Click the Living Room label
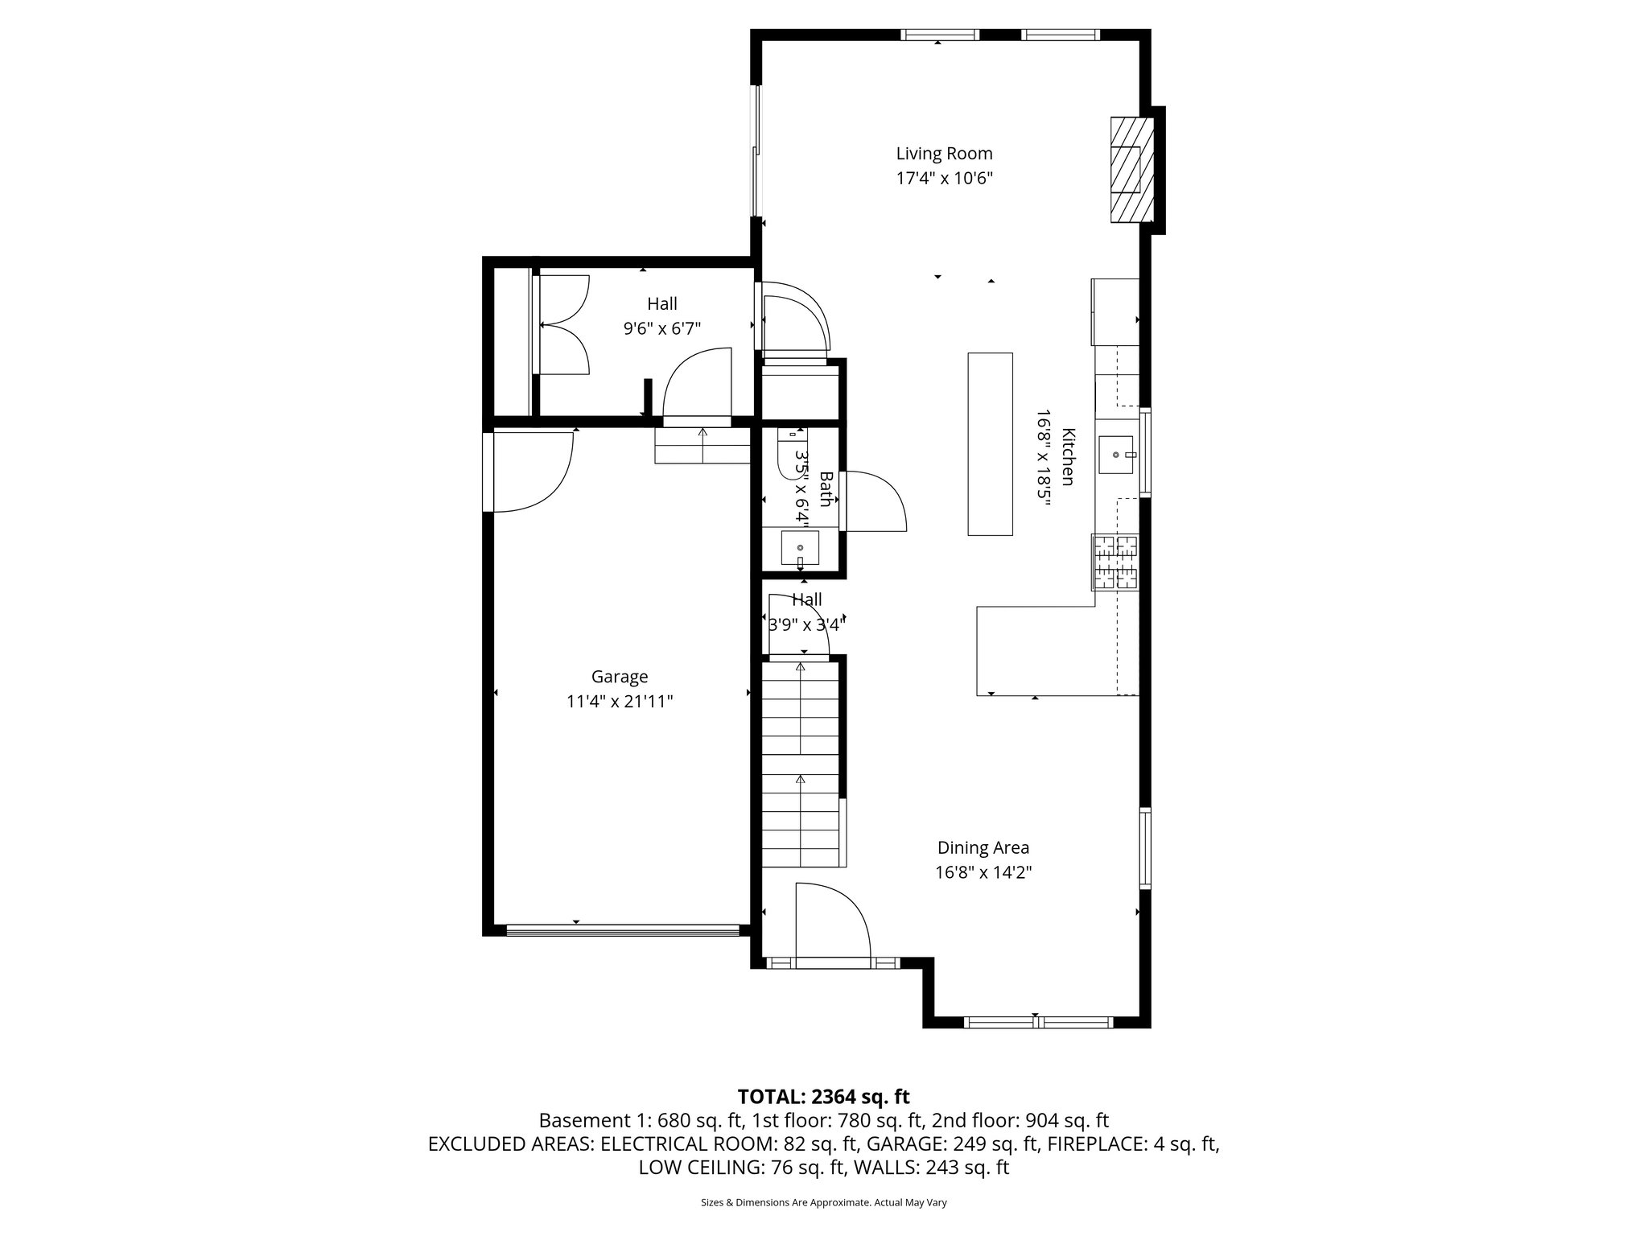pyautogui.click(x=944, y=154)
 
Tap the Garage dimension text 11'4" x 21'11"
pyautogui.click(x=620, y=702)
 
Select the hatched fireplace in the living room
pyautogui.click(x=1131, y=170)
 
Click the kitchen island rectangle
pyautogui.click(x=990, y=443)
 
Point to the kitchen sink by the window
pyautogui.click(x=1117, y=455)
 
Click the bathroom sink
pyautogui.click(x=800, y=549)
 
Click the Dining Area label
pyautogui.click(x=983, y=847)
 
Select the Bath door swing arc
pyautogui.click(x=874, y=501)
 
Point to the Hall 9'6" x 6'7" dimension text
pyautogui.click(x=662, y=328)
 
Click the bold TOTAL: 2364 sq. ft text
pyautogui.click(x=823, y=1096)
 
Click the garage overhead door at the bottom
pyautogui.click(x=622, y=931)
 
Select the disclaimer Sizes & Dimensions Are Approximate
pyautogui.click(x=823, y=1203)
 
